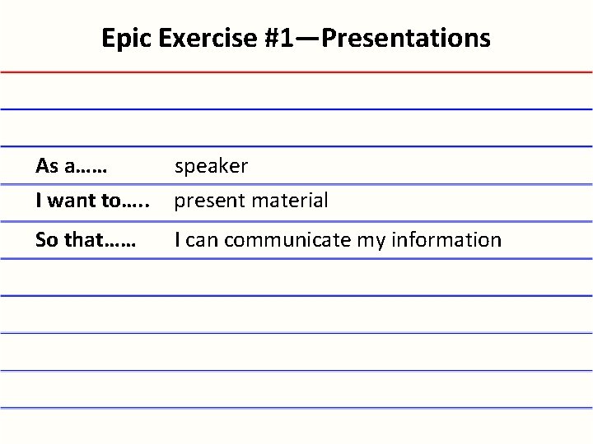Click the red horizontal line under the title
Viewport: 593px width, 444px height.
pyautogui.click(x=296, y=72)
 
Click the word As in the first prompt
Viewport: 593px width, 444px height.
pyautogui.click(x=46, y=166)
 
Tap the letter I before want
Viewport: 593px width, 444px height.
pyautogui.click(x=39, y=200)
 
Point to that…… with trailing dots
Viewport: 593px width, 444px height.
pyautogui.click(x=100, y=240)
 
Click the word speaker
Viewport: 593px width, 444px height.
pyautogui.click(x=211, y=166)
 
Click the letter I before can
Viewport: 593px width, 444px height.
pyautogui.click(x=177, y=240)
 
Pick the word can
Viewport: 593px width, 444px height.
pyautogui.click(x=203, y=240)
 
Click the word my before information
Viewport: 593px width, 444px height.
pyautogui.click(x=364, y=240)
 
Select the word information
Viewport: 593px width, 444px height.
pyautogui.click(x=443, y=240)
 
